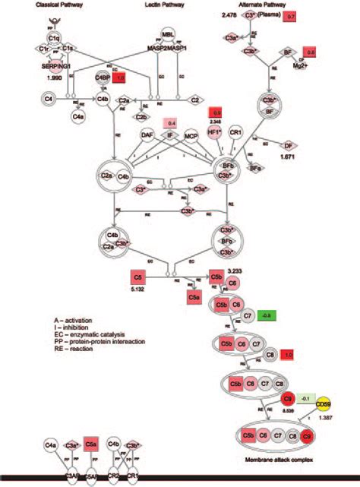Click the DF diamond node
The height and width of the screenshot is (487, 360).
(289, 144)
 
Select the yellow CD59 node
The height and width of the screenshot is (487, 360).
(321, 404)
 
